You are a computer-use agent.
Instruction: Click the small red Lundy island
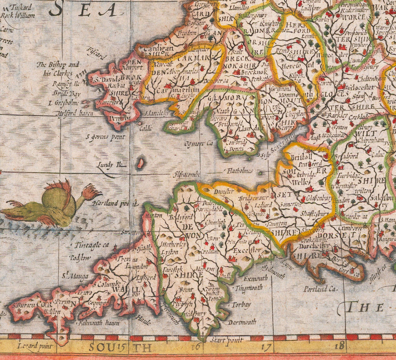(x=140, y=163)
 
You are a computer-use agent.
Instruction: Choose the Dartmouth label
(x=242, y=322)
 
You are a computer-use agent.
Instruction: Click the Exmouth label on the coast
(x=255, y=278)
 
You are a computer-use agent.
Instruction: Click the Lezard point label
(x=35, y=346)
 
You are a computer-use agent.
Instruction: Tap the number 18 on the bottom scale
(x=339, y=346)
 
